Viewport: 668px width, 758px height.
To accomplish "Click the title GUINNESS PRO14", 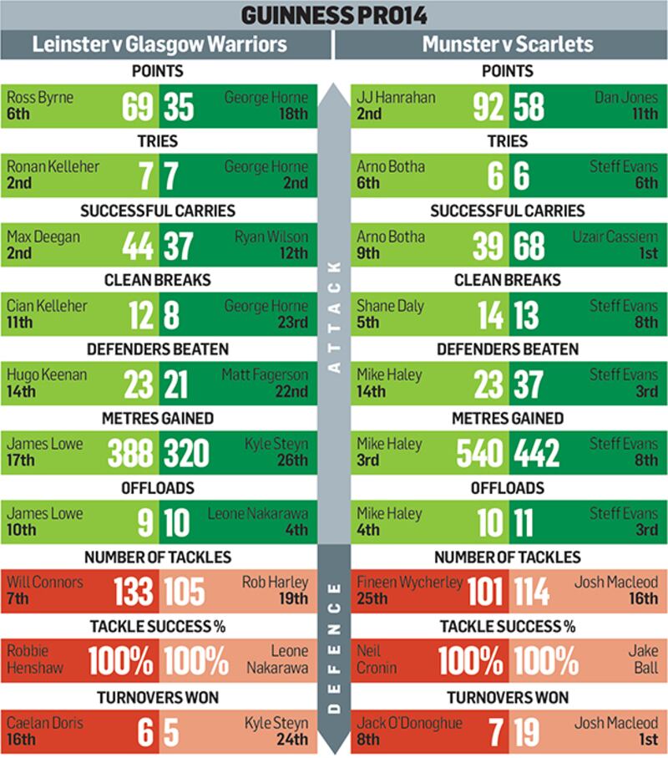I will pyautogui.click(x=334, y=15).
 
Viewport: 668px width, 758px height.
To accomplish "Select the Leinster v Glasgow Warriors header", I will pyautogui.click(x=159, y=44).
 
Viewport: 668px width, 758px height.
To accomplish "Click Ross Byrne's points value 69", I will pyautogui.click(x=138, y=107).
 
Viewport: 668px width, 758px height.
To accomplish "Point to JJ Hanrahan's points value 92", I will pyautogui.click(x=487, y=107).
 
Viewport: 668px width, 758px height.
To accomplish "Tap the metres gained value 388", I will pyautogui.click(x=130, y=454).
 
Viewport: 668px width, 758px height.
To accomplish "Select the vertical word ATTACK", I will pyautogui.click(x=334, y=318).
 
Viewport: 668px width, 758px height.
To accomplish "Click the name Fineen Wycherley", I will pyautogui.click(x=409, y=582).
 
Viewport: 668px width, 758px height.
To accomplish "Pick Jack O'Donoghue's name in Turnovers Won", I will pyautogui.click(x=410, y=722).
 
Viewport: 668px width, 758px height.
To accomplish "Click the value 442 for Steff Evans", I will pyautogui.click(x=536, y=454).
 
